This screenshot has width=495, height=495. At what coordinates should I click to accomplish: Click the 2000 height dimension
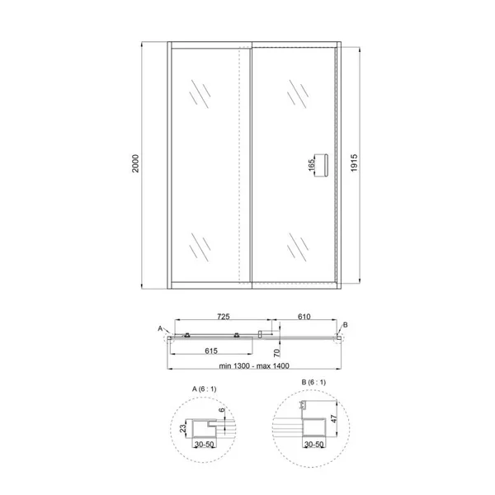(135, 163)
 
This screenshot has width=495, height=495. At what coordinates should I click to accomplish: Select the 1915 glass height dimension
(354, 163)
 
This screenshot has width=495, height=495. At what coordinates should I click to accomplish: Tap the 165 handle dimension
(311, 165)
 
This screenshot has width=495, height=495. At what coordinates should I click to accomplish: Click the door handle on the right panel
(326, 165)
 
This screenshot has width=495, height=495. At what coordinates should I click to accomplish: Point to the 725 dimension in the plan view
(224, 316)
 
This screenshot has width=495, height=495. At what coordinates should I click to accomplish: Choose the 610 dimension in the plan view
(304, 316)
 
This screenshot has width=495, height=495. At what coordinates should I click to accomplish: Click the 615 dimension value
(211, 351)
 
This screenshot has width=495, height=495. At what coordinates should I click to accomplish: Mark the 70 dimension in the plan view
(276, 352)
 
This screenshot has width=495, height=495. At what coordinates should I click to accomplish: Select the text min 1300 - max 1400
(254, 365)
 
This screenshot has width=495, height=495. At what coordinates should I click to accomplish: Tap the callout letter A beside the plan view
(160, 328)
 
